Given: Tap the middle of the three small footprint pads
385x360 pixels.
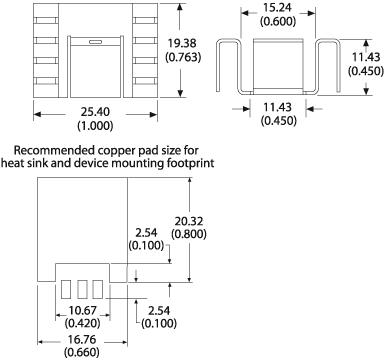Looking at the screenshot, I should click(x=83, y=288).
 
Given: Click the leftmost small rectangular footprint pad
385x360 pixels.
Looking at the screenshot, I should click(x=66, y=288).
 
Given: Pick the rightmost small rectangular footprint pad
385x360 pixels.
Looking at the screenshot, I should click(x=99, y=288).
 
